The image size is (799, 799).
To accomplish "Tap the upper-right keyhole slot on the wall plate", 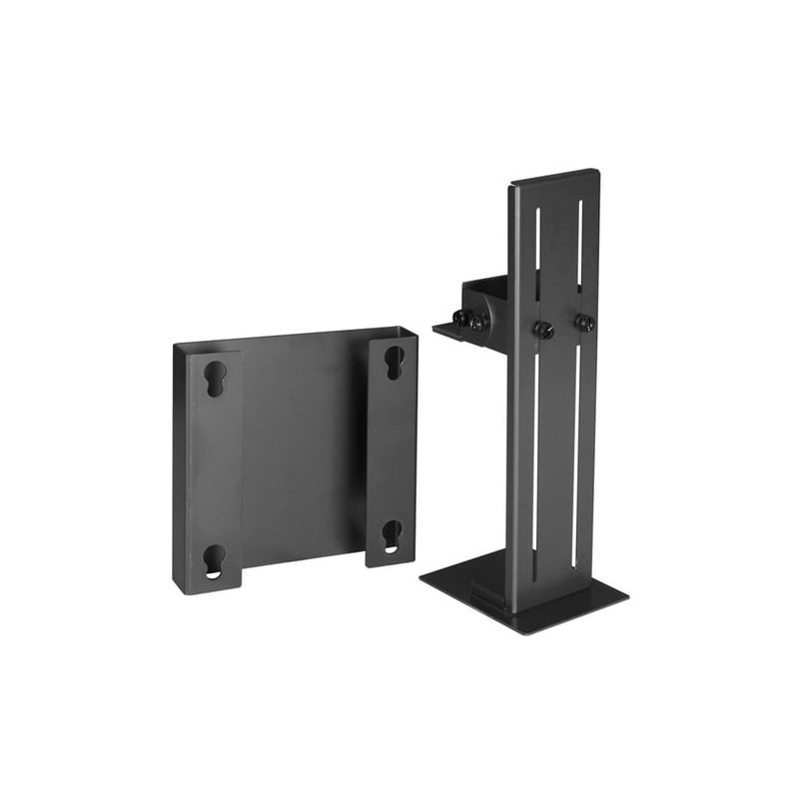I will tap(395, 361).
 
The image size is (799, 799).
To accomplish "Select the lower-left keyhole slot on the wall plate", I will tap(215, 559).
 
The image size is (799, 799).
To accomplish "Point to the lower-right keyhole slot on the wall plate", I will tap(393, 534).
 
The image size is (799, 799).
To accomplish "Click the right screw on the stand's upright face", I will tap(583, 323).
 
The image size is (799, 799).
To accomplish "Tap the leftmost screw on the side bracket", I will tap(461, 320).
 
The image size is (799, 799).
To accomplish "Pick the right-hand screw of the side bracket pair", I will tap(479, 322).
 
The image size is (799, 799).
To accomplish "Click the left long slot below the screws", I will tap(536, 449).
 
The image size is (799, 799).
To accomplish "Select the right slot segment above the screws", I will tap(579, 250).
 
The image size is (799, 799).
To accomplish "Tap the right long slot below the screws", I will tap(578, 439).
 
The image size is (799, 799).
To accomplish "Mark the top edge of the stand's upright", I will tap(554, 176).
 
